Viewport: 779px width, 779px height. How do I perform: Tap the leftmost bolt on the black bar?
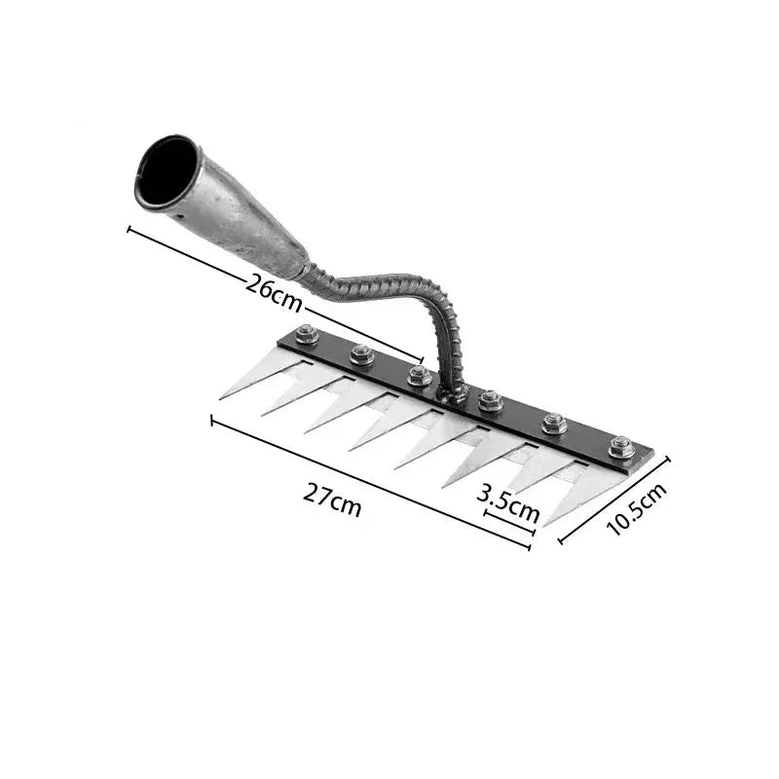point(306,335)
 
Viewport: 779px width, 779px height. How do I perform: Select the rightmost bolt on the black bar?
point(621,447)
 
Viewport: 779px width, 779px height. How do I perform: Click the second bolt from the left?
point(361,354)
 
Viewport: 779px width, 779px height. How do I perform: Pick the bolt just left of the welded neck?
point(419,375)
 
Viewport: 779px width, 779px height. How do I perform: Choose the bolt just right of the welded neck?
point(491,400)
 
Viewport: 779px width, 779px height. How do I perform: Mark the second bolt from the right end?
point(554,423)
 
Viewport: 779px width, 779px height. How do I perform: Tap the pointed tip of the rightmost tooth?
point(545,525)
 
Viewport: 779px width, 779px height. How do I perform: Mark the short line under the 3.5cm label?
point(509,522)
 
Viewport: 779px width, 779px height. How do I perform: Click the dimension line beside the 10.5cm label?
point(613,501)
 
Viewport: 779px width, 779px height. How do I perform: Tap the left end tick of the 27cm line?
point(212,420)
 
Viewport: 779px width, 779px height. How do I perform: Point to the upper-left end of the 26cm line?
point(130,230)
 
